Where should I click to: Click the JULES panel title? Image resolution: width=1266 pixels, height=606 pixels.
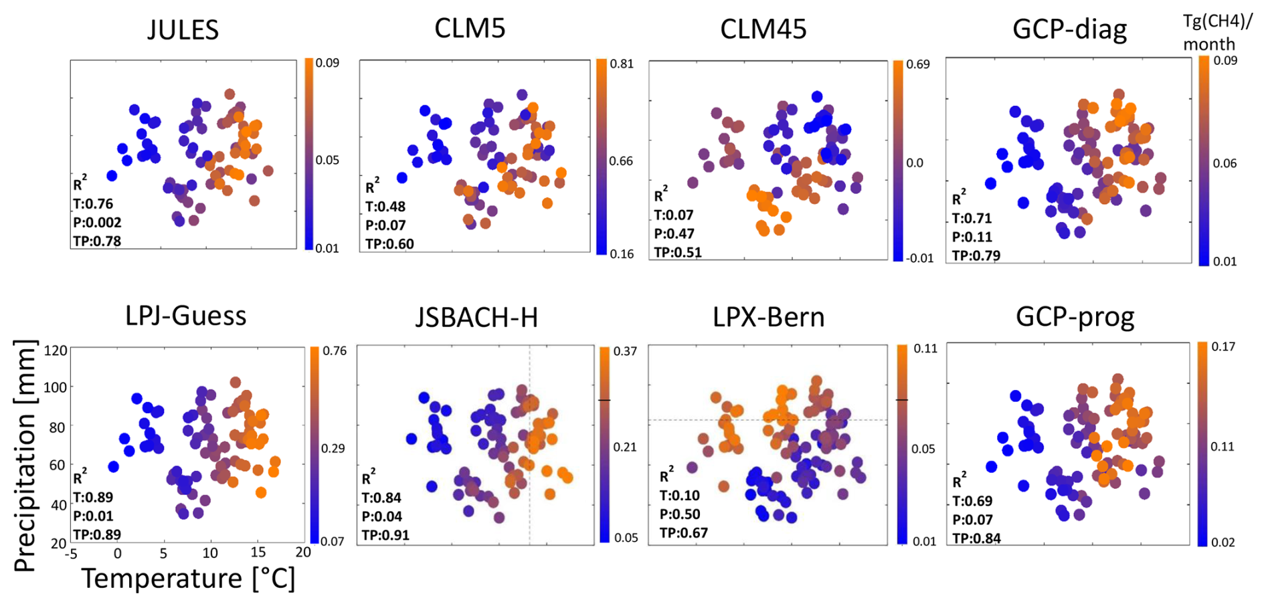(183, 30)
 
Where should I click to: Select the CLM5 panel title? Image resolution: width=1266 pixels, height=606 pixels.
(470, 28)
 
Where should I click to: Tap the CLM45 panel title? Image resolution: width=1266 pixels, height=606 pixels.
(763, 29)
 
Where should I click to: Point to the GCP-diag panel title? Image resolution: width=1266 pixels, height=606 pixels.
(1069, 29)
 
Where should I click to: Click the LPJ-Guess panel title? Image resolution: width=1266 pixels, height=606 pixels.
(185, 316)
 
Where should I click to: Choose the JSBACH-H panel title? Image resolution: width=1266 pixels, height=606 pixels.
(476, 317)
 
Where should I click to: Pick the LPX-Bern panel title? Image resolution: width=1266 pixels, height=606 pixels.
(768, 317)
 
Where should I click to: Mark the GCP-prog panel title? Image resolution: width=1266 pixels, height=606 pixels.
(1075, 317)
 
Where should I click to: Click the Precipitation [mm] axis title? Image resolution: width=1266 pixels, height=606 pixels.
(25, 456)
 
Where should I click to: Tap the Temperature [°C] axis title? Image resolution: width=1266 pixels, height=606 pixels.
(188, 579)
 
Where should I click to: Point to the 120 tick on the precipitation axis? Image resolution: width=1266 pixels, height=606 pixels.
(56, 350)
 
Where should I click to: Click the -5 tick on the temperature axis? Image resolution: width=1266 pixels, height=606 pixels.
(71, 553)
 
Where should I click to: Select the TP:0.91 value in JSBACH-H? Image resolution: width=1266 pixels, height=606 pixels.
(385, 535)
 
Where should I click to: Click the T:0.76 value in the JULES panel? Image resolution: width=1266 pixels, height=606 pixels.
(93, 204)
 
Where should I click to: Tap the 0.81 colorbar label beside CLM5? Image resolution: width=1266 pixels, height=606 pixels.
(621, 64)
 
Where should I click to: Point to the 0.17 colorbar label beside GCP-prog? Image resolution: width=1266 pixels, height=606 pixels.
(1223, 346)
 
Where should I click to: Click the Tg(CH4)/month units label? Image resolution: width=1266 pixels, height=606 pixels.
(1216, 33)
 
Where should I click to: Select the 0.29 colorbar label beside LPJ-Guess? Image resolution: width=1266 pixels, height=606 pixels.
(333, 448)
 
